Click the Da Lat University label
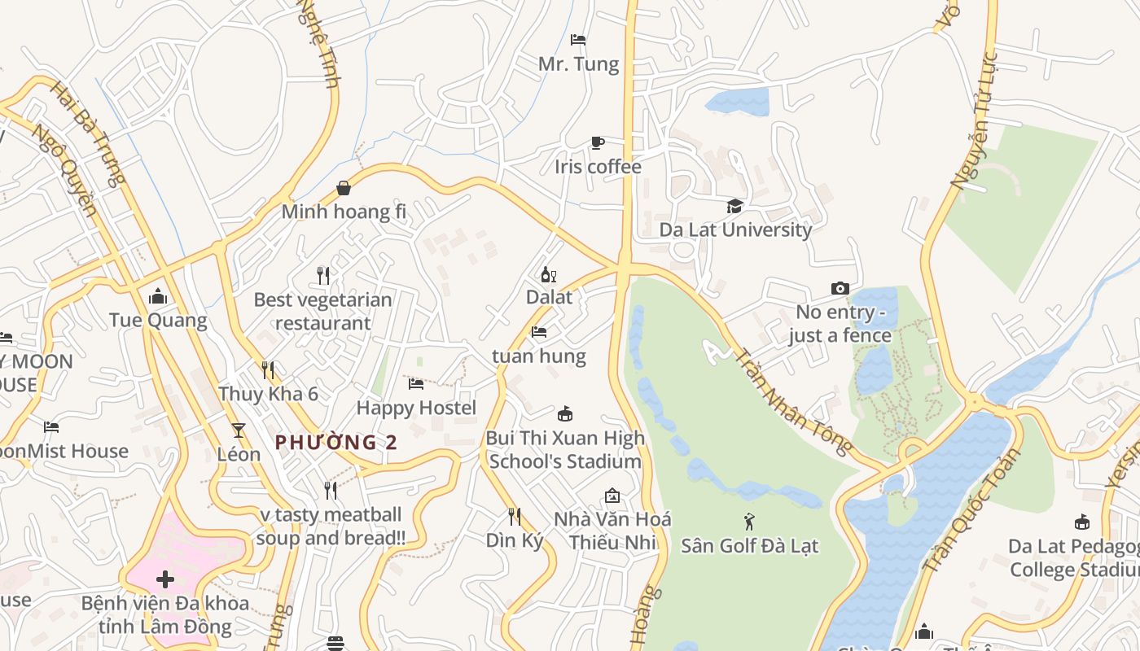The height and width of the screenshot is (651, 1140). click(x=735, y=229)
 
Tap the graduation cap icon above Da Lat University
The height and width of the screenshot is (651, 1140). click(x=734, y=206)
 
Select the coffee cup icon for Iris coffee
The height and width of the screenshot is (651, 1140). click(x=598, y=143)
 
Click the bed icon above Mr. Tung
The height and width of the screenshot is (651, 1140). click(x=578, y=39)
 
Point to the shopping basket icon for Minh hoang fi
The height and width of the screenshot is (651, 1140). click(x=344, y=188)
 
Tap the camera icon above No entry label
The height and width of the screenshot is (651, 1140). click(x=840, y=288)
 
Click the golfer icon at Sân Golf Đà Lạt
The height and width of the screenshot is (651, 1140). click(x=749, y=521)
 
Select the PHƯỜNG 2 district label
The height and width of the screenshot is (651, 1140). click(x=336, y=442)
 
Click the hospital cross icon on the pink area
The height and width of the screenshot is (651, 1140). click(x=165, y=579)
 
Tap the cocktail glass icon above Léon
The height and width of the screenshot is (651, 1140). click(x=239, y=430)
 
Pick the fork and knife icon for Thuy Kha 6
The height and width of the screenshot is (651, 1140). click(x=268, y=370)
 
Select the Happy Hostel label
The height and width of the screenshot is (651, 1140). click(x=416, y=407)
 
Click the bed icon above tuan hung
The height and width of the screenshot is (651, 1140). click(x=538, y=332)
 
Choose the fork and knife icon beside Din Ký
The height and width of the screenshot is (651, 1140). click(x=515, y=516)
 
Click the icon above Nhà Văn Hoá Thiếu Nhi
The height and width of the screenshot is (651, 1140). click(x=612, y=496)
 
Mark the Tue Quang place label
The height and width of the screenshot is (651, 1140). click(x=159, y=320)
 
